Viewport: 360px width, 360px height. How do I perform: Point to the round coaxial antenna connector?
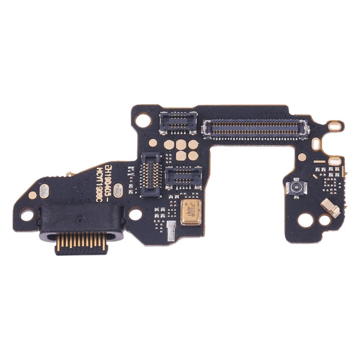(295, 186)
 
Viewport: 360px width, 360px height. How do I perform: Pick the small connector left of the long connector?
(176, 122)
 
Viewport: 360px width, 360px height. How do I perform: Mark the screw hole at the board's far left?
(28, 217)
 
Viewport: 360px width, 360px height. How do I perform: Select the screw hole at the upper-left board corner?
(143, 120)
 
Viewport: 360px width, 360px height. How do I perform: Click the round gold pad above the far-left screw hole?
(32, 195)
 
